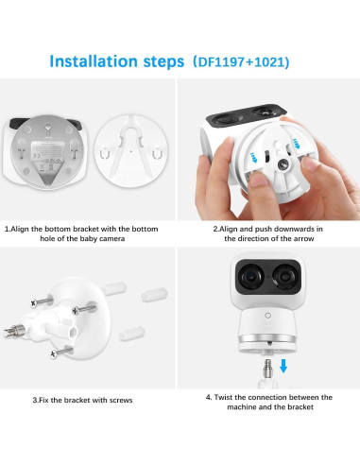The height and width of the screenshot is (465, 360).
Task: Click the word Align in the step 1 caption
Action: coord(25,229)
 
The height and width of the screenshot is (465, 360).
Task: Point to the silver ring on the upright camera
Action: coord(267,337)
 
